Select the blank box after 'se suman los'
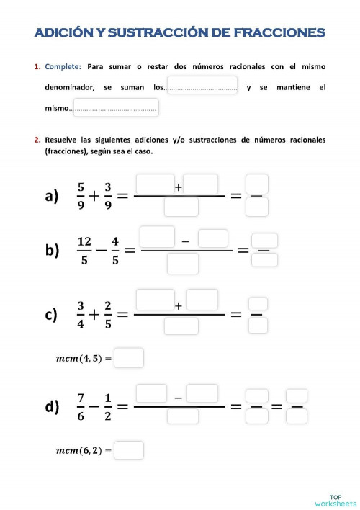pos(202,86)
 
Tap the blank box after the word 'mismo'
pos(115,108)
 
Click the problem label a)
pos(51,196)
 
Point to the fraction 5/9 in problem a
pos(81,195)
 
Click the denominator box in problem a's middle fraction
pos(181,207)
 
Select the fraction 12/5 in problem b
pos(84,250)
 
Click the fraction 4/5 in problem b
pos(114,250)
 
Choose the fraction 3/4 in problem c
pos(81,315)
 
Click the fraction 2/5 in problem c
pos(108,315)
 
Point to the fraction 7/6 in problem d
pos(81,406)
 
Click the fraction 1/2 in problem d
pos(107,406)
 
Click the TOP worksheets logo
pos(336,500)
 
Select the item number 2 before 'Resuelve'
pos(37,139)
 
